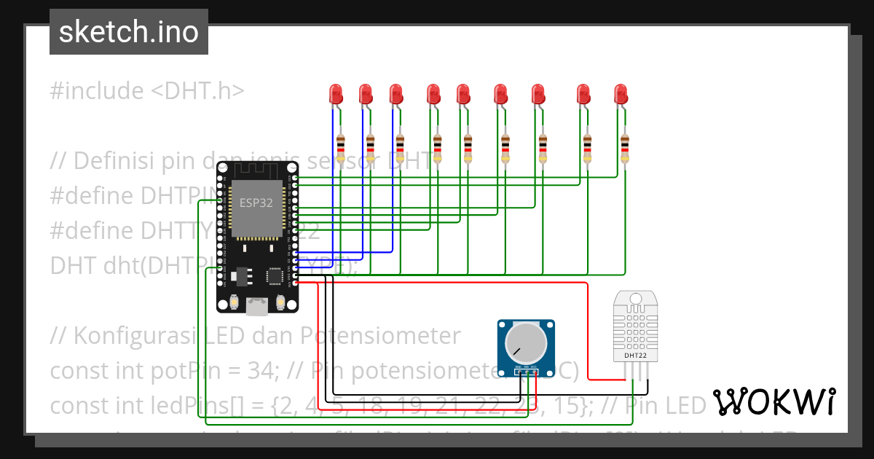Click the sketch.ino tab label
point(128,32)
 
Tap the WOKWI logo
point(773,402)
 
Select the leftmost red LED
point(336,94)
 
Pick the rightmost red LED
point(621,94)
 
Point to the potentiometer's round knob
point(526,341)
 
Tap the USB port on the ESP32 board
point(257,307)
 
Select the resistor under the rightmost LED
point(624,148)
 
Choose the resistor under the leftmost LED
point(340,148)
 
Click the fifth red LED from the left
point(463,94)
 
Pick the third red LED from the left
point(395,94)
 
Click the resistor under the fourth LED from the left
point(437,148)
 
